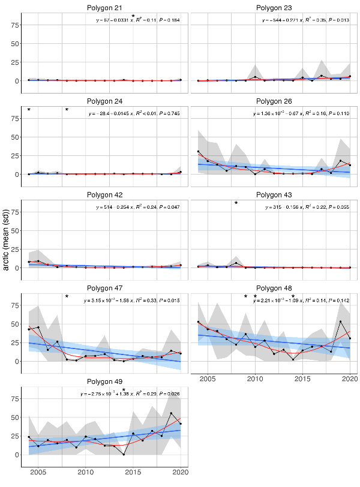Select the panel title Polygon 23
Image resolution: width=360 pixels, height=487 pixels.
point(275,7)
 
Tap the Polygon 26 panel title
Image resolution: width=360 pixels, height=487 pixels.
point(275,100)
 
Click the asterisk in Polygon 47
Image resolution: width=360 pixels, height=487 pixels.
point(67,297)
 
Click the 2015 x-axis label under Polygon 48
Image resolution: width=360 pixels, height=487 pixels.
point(302,380)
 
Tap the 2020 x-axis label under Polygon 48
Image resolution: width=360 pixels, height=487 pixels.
point(349,380)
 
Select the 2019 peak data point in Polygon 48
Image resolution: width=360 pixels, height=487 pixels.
point(341,321)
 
